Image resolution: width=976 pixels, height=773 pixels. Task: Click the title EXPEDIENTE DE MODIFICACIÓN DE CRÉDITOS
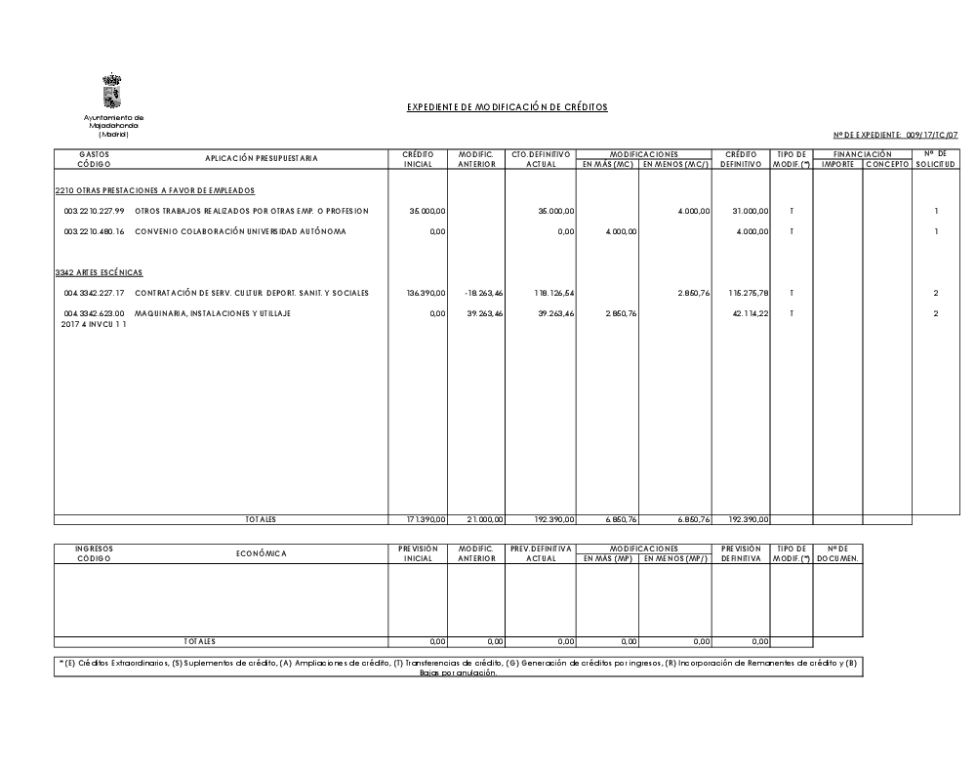pyautogui.click(x=508, y=107)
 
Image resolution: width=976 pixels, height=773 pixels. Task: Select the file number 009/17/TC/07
pyautogui.click(x=931, y=135)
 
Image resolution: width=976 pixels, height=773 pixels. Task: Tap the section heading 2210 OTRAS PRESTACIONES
pyautogui.click(x=155, y=190)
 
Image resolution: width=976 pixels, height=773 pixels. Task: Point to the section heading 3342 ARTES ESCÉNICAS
pyautogui.click(x=100, y=272)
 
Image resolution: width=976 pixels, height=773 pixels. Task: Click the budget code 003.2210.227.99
pyautogui.click(x=95, y=211)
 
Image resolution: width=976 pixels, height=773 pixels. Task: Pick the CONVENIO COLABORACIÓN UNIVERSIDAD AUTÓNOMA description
pyautogui.click(x=240, y=231)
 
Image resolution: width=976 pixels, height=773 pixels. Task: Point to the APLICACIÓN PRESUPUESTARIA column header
pyautogui.click(x=261, y=158)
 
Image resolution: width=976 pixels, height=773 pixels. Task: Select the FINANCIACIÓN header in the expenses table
pyautogui.click(x=862, y=154)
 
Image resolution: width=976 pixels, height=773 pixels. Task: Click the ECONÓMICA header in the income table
pyautogui.click(x=262, y=553)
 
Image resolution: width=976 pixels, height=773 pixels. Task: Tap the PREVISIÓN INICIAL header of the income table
pyautogui.click(x=418, y=553)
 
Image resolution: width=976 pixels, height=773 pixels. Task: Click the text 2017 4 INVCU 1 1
pyautogui.click(x=94, y=324)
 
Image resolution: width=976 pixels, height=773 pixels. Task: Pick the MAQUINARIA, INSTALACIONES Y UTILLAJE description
pyautogui.click(x=212, y=313)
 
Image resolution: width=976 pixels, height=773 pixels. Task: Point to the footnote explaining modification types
pyautogui.click(x=459, y=669)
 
